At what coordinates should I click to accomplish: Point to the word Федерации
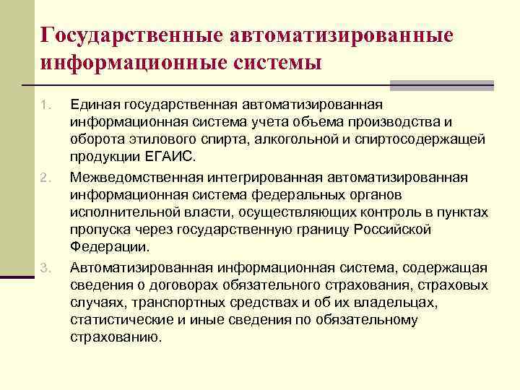pyautogui.click(x=110, y=247)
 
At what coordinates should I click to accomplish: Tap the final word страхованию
pyautogui.click(x=116, y=337)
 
